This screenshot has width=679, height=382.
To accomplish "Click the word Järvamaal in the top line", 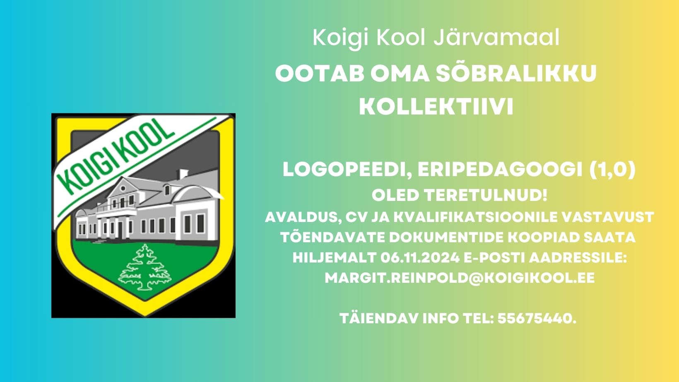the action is (496, 38).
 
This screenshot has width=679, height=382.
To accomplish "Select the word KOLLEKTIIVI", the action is (436, 107).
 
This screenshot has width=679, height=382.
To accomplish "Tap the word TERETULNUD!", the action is (486, 195).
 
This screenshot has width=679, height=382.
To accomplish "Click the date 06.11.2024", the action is (420, 258).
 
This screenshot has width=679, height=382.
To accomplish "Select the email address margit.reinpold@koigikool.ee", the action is (460, 278).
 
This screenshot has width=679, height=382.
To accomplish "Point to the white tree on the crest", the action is (145, 267).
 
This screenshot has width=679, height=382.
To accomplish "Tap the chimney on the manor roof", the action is (183, 174).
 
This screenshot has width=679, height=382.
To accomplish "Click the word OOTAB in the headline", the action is (320, 74).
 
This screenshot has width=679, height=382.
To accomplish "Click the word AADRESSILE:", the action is (578, 258).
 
